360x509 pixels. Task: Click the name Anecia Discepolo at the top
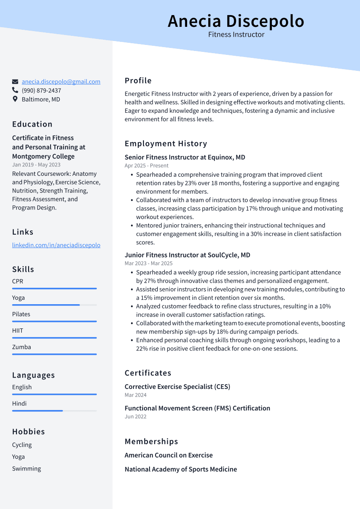coord(236,21)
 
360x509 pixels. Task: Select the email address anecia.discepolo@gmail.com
coord(61,82)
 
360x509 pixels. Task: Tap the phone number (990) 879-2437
coord(41,91)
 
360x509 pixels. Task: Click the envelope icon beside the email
coord(15,82)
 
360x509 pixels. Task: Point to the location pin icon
coord(15,99)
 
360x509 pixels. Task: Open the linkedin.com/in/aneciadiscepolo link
coord(56,245)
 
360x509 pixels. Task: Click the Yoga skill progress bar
coord(54,305)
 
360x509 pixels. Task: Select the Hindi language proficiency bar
coord(54,411)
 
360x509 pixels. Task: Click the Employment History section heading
coord(166,144)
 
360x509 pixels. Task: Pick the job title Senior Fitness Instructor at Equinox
coord(185,157)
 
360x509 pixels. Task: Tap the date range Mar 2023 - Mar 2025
coord(149,264)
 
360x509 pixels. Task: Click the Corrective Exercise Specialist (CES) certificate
coord(177,387)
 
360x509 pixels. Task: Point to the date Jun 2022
coord(136,417)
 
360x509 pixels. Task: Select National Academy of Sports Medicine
coord(181,469)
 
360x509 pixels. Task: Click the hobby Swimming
coord(26,469)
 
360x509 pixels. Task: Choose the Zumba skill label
coord(22,347)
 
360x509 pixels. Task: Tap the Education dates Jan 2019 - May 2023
coord(36,165)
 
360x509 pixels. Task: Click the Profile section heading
coord(138,81)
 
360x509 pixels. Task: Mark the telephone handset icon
coord(15,90)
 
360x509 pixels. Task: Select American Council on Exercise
coord(169,455)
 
